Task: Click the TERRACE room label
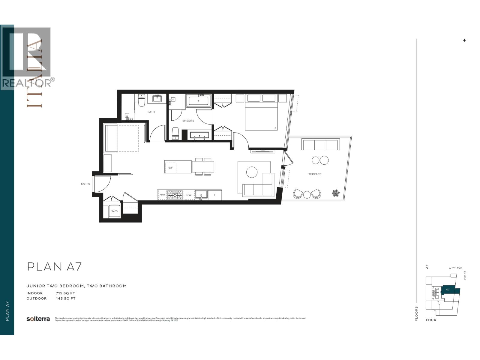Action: click(315, 174)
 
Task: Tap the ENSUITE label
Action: click(188, 121)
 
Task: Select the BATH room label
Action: click(151, 112)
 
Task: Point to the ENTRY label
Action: click(85, 184)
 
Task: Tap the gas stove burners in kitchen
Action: click(175, 195)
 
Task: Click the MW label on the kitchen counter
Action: click(162, 195)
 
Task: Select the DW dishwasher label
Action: click(189, 195)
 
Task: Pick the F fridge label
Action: click(215, 195)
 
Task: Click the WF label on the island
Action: click(170, 167)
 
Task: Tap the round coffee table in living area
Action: click(252, 172)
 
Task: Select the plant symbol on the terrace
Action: click(336, 193)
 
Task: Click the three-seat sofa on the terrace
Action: click(320, 145)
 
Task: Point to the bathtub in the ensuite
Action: click(199, 101)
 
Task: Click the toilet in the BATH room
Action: click(142, 100)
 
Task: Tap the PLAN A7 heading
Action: click(54, 266)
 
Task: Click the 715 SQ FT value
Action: click(65, 293)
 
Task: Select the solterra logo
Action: click(38, 319)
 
